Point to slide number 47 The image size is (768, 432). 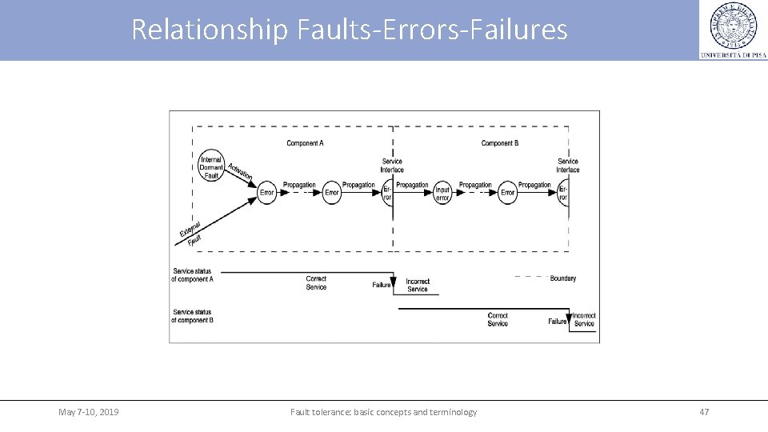click(x=704, y=412)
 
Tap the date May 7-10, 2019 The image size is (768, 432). click(x=89, y=412)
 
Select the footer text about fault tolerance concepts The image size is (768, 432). click(x=383, y=412)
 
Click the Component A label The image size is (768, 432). click(x=305, y=143)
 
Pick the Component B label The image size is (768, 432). click(x=499, y=143)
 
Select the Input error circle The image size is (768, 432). click(x=442, y=192)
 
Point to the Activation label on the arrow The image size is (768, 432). click(x=240, y=171)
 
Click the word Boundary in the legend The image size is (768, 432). click(x=563, y=278)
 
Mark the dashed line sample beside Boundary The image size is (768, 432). click(x=530, y=278)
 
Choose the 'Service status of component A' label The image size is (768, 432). click(x=193, y=275)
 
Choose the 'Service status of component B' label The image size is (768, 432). click(x=193, y=316)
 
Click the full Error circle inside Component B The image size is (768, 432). click(x=507, y=192)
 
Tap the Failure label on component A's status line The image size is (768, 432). click(x=382, y=285)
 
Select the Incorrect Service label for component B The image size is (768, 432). click(x=584, y=320)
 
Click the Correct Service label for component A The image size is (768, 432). click(x=316, y=283)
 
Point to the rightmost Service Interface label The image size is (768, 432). click(x=568, y=165)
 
